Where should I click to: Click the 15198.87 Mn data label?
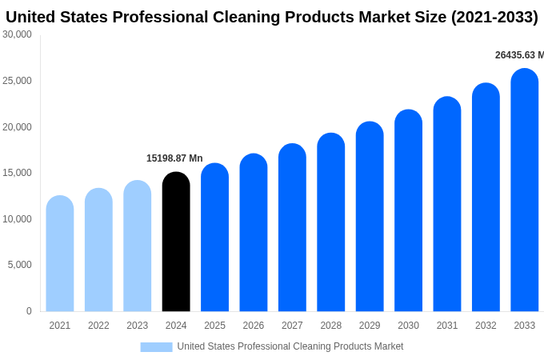pyautogui.click(x=174, y=158)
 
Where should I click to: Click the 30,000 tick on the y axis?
pyautogui.click(x=18, y=34)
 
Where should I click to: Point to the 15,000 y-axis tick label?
pyautogui.click(x=18, y=173)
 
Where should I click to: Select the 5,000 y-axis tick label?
pyautogui.click(x=20, y=265)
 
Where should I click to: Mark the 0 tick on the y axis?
pyautogui.click(x=29, y=311)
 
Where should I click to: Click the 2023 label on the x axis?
pyautogui.click(x=137, y=326)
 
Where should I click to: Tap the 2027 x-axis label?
pyautogui.click(x=292, y=326)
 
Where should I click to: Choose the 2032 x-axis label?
pyautogui.click(x=486, y=326)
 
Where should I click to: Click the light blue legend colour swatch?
pyautogui.click(x=156, y=346)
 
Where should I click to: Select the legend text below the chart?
pyautogui.click(x=290, y=346)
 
